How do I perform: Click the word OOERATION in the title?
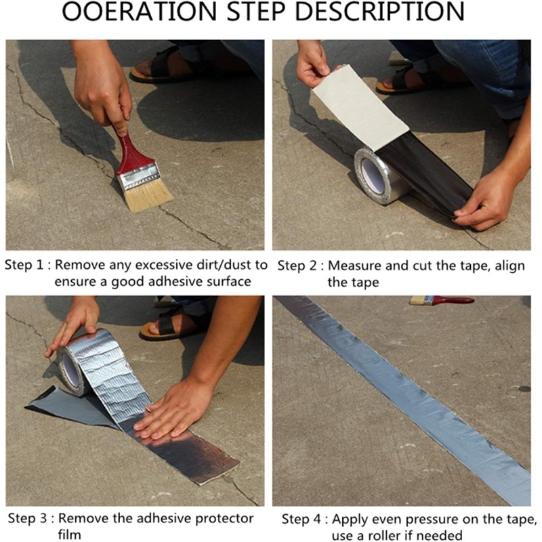pyautogui.click(x=140, y=11)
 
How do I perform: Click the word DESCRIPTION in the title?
pyautogui.click(x=379, y=11)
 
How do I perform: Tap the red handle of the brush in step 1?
pyautogui.click(x=133, y=152)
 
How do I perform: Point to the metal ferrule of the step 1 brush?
pyautogui.click(x=139, y=176)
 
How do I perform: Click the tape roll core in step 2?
pyautogui.click(x=373, y=176)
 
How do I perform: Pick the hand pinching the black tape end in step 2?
pyautogui.click(x=487, y=203)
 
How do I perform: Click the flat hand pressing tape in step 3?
pyautogui.click(x=175, y=411)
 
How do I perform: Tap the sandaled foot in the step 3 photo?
pyautogui.click(x=173, y=325)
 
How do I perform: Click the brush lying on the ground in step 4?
pyautogui.click(x=442, y=300)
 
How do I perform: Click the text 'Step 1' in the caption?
pyautogui.click(x=24, y=265)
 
